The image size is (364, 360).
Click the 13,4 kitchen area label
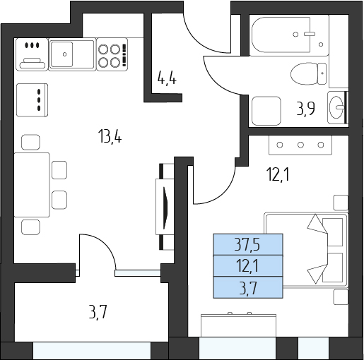(110, 137)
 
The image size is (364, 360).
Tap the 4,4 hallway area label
(167, 78)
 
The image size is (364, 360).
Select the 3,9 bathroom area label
(306, 109)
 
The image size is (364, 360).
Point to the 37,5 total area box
(248, 244)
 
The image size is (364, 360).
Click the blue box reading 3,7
(248, 288)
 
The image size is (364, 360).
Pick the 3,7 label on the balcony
(98, 311)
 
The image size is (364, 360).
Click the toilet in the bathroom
(308, 73)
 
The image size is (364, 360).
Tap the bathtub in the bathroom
(290, 35)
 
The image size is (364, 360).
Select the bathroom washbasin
(336, 107)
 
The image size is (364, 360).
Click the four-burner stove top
(112, 54)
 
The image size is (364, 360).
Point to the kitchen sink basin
(61, 54)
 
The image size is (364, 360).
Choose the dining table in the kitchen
(32, 185)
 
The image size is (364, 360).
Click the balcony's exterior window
(92, 351)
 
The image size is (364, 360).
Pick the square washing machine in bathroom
(266, 111)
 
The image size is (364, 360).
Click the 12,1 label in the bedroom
(278, 175)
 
